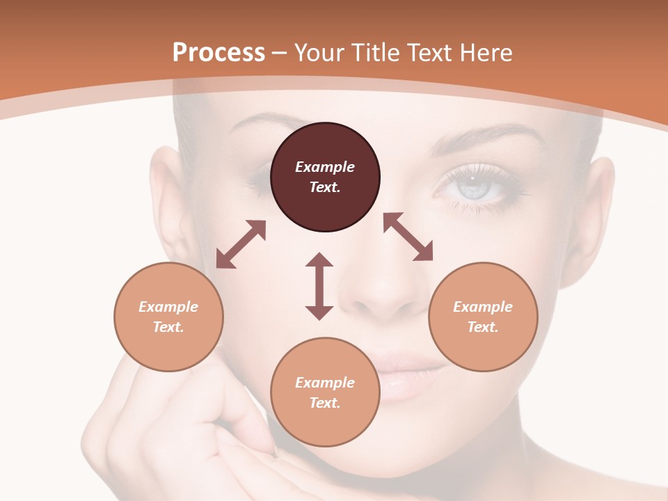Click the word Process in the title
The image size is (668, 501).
[218, 53]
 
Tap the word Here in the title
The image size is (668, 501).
[487, 53]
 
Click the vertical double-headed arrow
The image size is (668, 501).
[319, 286]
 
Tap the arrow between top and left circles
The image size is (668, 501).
[241, 244]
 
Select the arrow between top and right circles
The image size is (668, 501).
[408, 237]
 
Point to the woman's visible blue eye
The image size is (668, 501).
[473, 186]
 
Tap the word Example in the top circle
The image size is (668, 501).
[325, 167]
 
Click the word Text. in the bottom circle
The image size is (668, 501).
[325, 403]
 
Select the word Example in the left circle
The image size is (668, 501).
[168, 307]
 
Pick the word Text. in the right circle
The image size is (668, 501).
[483, 327]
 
